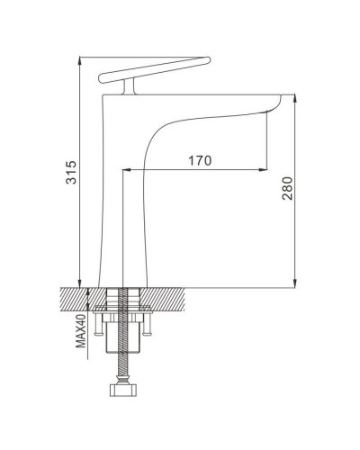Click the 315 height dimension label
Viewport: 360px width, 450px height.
(x=71, y=172)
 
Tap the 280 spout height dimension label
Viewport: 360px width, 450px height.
(x=287, y=188)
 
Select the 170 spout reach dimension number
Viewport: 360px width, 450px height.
(x=200, y=160)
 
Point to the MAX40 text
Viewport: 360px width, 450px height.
(x=81, y=331)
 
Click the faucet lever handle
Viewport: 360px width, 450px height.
(x=155, y=69)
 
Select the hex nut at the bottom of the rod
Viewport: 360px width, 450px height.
(x=123, y=390)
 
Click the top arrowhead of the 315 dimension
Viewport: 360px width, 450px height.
(x=79, y=60)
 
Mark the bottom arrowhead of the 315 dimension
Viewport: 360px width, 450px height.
(x=79, y=283)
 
